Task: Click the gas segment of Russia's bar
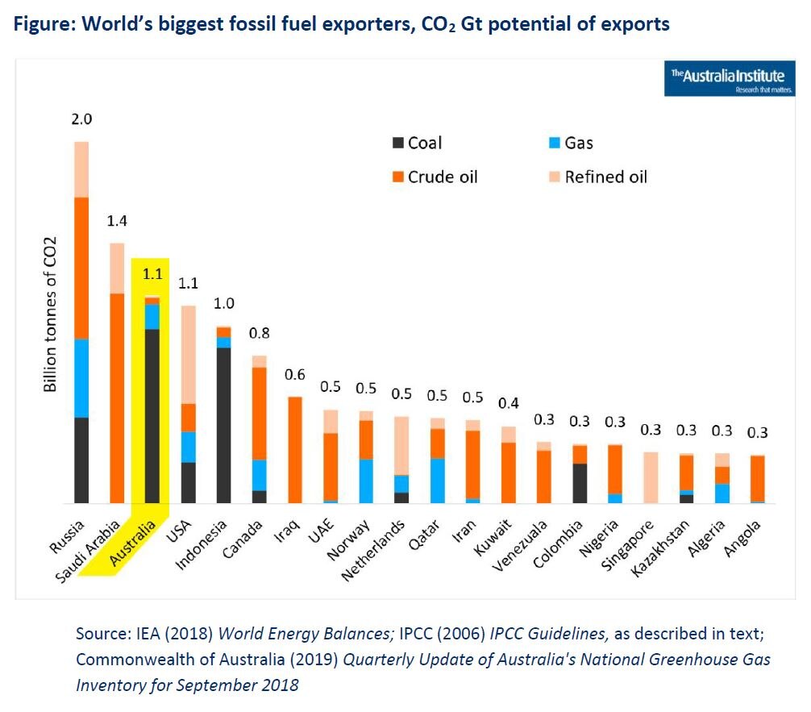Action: click(81, 378)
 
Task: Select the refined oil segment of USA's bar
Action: click(187, 355)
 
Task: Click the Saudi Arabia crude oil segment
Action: click(117, 398)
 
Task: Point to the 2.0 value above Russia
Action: click(81, 119)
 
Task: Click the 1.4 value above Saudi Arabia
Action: click(117, 221)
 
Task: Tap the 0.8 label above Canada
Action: click(259, 333)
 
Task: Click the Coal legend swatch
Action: click(397, 144)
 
